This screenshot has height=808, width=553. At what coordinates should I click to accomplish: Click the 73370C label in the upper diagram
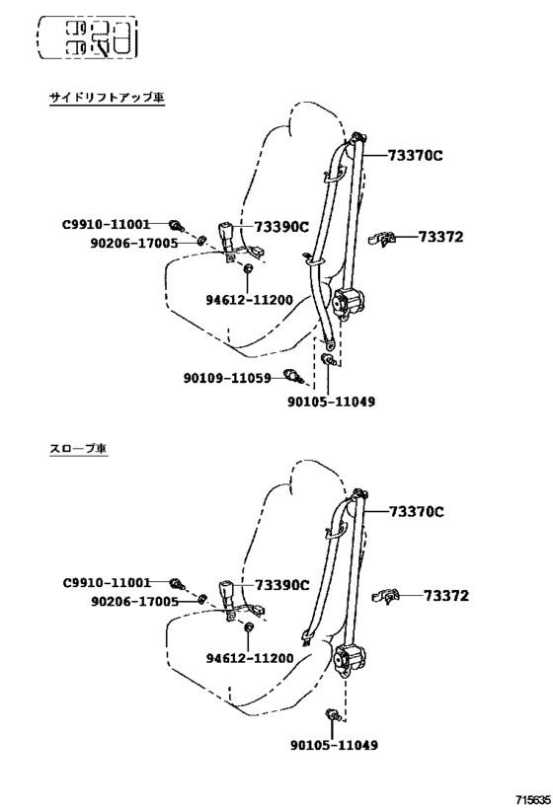415,155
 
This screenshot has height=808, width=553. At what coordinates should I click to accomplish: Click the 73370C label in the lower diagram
416,512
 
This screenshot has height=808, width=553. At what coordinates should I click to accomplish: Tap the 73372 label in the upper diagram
440,237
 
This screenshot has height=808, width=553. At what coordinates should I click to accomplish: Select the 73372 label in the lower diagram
446,596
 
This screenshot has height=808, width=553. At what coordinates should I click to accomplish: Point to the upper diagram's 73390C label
281,227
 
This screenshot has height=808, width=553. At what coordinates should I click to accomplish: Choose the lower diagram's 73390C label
282,585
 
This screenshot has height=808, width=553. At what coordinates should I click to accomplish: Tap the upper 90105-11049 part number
331,402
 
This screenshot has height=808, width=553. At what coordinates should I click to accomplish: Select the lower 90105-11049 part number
334,745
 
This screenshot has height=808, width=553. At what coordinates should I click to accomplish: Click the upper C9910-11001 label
107,224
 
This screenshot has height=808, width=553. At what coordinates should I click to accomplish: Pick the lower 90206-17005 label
134,602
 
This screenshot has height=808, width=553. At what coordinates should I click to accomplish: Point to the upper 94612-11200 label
250,300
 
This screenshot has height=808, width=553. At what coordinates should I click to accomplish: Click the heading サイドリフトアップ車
108,98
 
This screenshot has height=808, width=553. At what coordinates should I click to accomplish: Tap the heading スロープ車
78,448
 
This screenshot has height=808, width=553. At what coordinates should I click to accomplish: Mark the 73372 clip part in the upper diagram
382,239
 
